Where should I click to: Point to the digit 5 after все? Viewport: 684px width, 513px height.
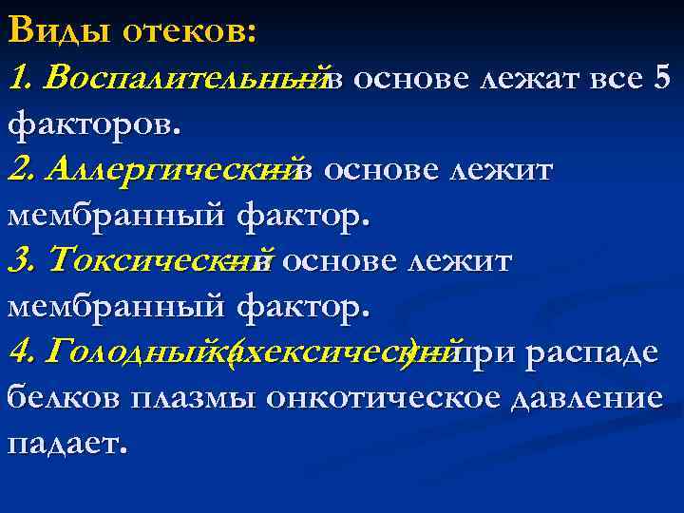coord(663,77)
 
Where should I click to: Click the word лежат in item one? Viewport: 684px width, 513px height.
coord(526,77)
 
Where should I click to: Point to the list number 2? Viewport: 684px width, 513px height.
coord(19,170)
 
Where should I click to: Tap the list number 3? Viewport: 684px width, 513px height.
coord(19,259)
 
